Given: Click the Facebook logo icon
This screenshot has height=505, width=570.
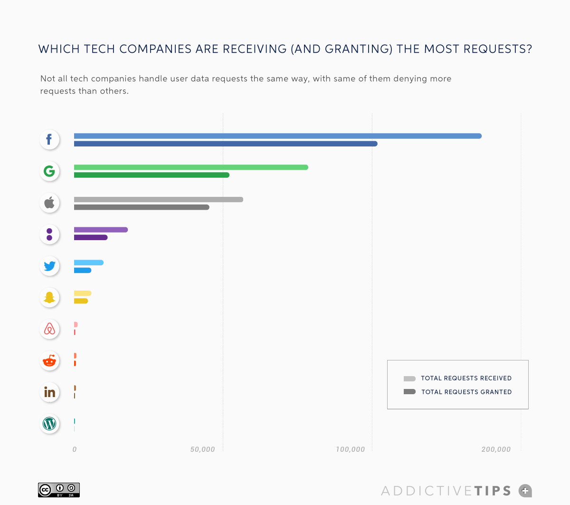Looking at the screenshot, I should pyautogui.click(x=49, y=139).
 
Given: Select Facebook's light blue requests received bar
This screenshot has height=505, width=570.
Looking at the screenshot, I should pyautogui.click(x=277, y=136).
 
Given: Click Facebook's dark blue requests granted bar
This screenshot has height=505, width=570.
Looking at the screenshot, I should pyautogui.click(x=226, y=144).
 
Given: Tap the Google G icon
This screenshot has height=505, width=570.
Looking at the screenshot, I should pyautogui.click(x=49, y=171).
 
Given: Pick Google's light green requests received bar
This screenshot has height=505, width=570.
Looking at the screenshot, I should pyautogui.click(x=191, y=167).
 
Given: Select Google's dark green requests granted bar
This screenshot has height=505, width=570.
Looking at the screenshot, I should pyautogui.click(x=152, y=175).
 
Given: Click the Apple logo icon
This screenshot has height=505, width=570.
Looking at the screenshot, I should pyautogui.click(x=49, y=203).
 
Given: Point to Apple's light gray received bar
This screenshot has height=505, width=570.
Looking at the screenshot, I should pyautogui.click(x=158, y=199).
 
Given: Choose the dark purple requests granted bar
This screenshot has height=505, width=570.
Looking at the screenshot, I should pyautogui.click(x=91, y=237).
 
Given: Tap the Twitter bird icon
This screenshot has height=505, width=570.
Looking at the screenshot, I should pyautogui.click(x=49, y=266).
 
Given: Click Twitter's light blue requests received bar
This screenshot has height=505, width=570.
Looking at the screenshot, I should pyautogui.click(x=88, y=262).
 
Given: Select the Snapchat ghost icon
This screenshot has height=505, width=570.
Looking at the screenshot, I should pyautogui.click(x=49, y=298).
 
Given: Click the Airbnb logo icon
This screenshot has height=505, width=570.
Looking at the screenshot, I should pyautogui.click(x=49, y=329).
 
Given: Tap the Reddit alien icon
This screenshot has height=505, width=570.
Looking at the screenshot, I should pyautogui.click(x=49, y=361).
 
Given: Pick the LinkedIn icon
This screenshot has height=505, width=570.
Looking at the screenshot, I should pyautogui.click(x=49, y=392).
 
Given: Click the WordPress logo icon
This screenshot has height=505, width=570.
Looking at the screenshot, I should pyautogui.click(x=49, y=424).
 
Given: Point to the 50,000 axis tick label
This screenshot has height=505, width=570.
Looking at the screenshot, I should pyautogui.click(x=202, y=449).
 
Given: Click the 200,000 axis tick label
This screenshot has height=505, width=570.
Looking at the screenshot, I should pyautogui.click(x=496, y=449).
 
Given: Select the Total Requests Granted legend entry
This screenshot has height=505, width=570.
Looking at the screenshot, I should pyautogui.click(x=458, y=392).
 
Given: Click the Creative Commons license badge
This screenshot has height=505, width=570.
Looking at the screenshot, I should pyautogui.click(x=59, y=490).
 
